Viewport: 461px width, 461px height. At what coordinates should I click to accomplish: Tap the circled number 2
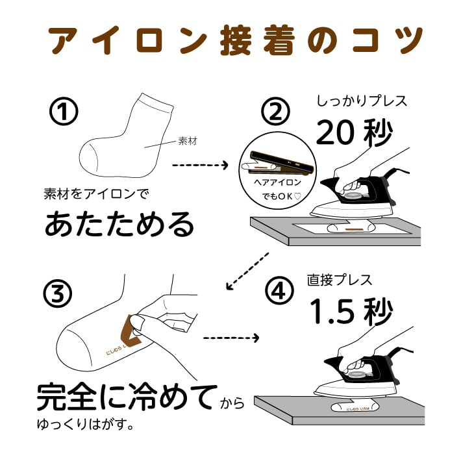click(x=276, y=113)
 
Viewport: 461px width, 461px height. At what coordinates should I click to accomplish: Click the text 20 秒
click(x=354, y=132)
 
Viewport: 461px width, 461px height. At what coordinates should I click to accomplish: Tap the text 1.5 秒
click(x=351, y=311)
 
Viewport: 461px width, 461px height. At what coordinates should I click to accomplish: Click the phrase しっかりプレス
click(x=362, y=102)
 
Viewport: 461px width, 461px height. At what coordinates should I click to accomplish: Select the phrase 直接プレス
click(x=340, y=280)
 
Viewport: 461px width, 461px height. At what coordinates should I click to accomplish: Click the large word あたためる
click(x=119, y=224)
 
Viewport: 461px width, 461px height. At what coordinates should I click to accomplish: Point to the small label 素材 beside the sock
click(x=186, y=141)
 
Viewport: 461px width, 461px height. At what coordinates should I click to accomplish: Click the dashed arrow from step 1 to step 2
click(x=200, y=165)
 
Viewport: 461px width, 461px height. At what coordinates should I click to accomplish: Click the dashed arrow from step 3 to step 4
click(x=230, y=338)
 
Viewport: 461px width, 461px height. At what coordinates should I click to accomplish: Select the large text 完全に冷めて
click(x=127, y=398)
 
